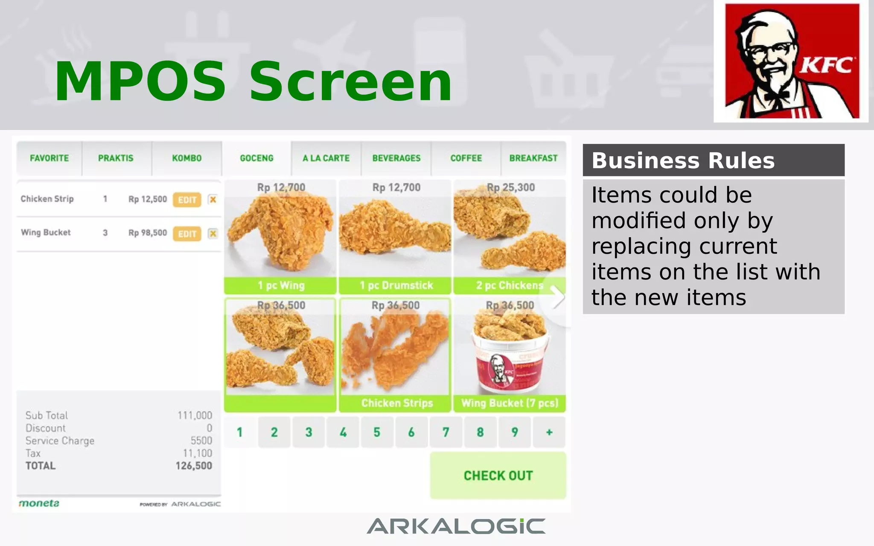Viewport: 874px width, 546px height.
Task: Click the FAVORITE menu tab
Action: (49, 158)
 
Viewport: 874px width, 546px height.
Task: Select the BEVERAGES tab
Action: (396, 158)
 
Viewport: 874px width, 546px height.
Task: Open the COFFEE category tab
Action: (466, 158)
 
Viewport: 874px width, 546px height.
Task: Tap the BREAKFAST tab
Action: (533, 158)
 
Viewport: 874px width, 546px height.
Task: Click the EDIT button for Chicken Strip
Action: (187, 200)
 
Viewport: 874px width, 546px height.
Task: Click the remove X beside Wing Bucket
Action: (213, 233)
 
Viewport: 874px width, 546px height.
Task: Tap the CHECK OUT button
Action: (498, 476)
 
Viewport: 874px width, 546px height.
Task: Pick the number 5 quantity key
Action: (377, 433)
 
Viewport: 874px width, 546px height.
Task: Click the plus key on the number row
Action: (549, 433)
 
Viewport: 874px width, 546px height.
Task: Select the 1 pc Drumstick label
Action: (396, 285)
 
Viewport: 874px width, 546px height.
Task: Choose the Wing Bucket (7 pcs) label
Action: (510, 403)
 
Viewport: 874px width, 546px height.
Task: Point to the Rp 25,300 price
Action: (511, 187)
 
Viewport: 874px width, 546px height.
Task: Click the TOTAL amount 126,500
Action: (194, 466)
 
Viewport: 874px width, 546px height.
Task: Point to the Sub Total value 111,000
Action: (195, 415)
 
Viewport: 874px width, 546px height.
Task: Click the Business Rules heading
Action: (683, 161)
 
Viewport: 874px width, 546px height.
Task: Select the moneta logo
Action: (39, 503)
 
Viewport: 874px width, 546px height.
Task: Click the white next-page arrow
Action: (557, 297)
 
